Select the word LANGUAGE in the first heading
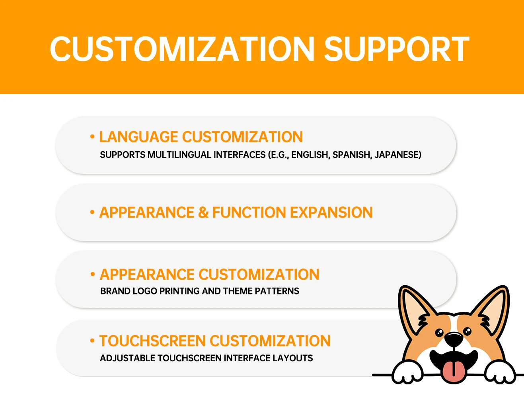pyautogui.click(x=138, y=136)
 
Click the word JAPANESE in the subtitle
pyautogui.click(x=398, y=155)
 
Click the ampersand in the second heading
pyautogui.click(x=203, y=212)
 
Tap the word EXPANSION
pyautogui.click(x=331, y=212)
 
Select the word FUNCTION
pyautogui.click(x=249, y=212)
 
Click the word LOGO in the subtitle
pyautogui.click(x=145, y=291)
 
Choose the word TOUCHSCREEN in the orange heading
pyautogui.click(x=153, y=341)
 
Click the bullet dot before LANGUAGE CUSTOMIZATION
pyautogui.click(x=92, y=136)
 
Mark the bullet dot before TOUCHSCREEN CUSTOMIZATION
pyautogui.click(x=92, y=341)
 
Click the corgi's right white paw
pyautogui.click(x=500, y=372)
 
